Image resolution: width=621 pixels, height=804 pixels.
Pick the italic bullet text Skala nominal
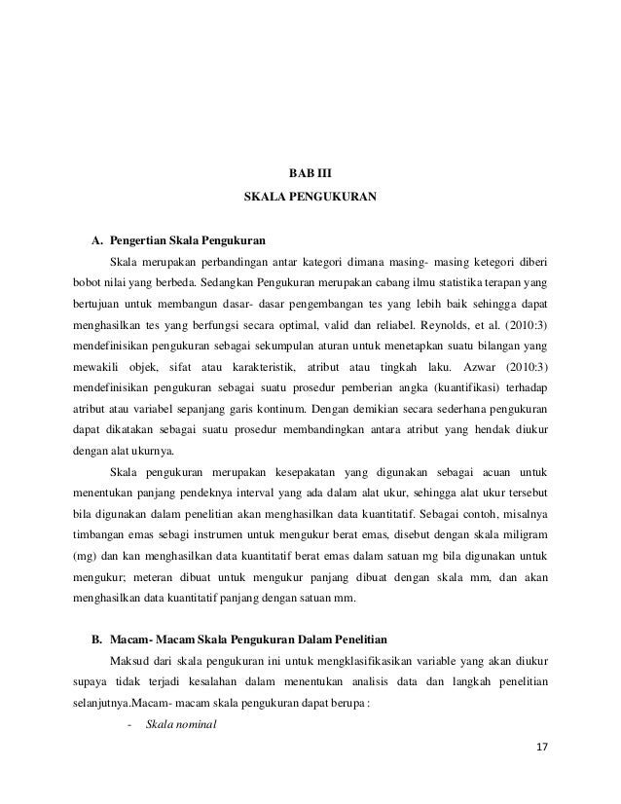pyautogui.click(x=180, y=723)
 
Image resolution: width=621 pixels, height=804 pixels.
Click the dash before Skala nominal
pyautogui.click(x=129, y=723)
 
